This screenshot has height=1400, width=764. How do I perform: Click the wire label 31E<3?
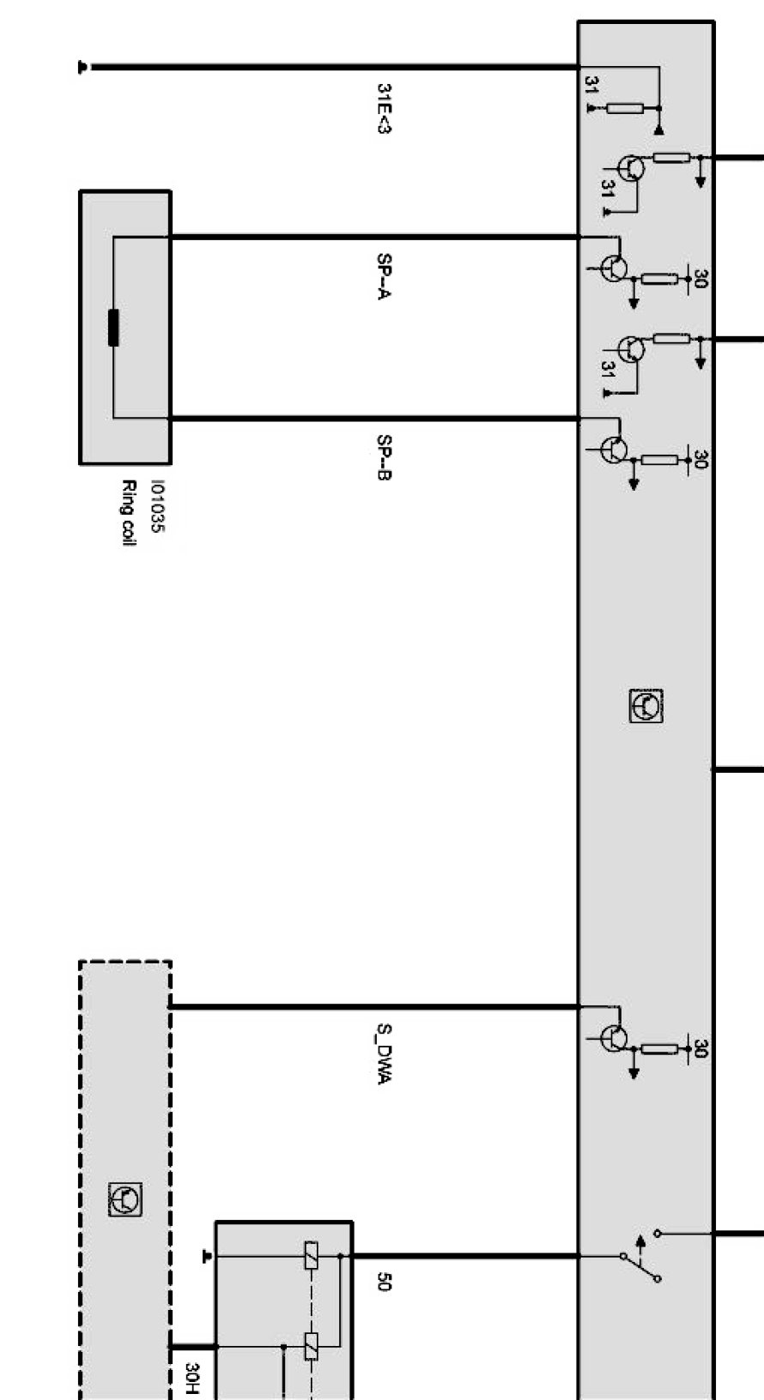point(384,109)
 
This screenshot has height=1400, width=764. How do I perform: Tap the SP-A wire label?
point(384,276)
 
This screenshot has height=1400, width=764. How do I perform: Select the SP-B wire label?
point(384,457)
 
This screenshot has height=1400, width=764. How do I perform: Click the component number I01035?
point(158,506)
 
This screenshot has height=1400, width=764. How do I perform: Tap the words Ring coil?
point(128,513)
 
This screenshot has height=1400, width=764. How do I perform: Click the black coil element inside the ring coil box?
point(113,328)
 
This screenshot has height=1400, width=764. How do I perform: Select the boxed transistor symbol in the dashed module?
point(125,1199)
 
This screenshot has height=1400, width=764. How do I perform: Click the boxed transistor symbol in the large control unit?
point(646,706)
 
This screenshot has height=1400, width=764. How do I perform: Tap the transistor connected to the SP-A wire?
point(614,269)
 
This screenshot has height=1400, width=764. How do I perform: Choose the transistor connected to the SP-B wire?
point(614,450)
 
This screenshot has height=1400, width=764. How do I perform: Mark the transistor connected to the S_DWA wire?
point(614,1038)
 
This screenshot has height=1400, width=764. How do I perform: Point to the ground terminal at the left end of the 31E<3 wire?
point(82,67)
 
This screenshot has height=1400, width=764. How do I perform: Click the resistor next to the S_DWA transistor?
point(659,1049)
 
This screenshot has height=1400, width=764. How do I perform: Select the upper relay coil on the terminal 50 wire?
point(311,1256)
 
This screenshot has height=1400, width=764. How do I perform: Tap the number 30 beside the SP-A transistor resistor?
point(700,278)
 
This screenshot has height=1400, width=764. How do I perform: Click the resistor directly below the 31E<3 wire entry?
point(625,109)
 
